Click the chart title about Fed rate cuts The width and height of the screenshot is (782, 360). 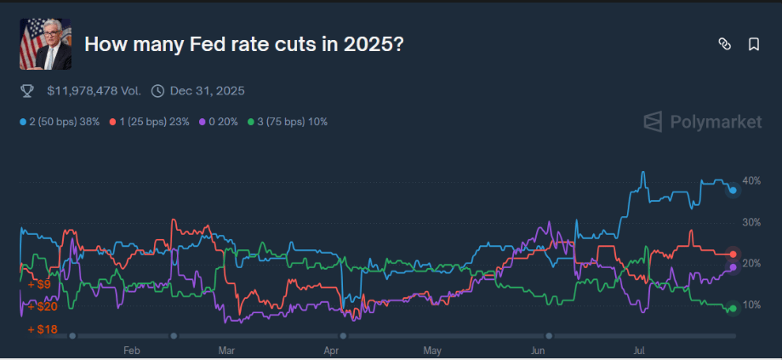(x=244, y=43)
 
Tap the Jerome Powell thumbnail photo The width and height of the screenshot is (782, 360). (x=45, y=43)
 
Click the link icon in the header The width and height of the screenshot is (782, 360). (x=724, y=44)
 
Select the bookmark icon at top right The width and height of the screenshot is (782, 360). (x=753, y=44)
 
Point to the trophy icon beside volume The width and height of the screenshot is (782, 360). (x=26, y=90)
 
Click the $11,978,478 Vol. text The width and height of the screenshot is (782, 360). (x=94, y=90)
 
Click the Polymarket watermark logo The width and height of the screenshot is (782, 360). (x=702, y=122)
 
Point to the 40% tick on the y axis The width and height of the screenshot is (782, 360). (x=751, y=181)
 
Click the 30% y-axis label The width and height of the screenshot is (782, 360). (x=751, y=222)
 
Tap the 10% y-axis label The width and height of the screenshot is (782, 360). (x=751, y=305)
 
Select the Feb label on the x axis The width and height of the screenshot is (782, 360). (x=131, y=349)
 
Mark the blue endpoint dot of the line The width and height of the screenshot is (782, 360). (x=733, y=191)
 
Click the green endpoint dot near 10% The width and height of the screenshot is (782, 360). (x=733, y=308)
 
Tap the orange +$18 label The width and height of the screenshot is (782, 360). (x=43, y=329)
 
